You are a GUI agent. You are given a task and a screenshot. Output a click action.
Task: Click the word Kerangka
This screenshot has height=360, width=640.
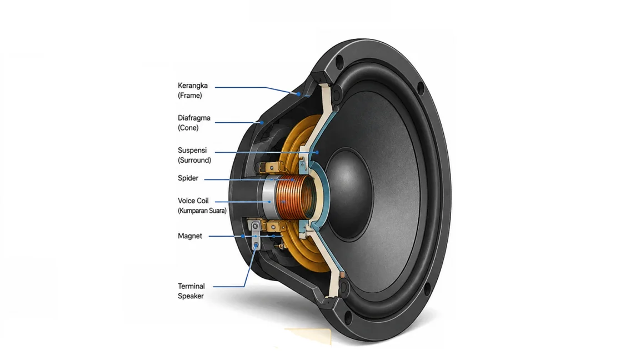(193, 86)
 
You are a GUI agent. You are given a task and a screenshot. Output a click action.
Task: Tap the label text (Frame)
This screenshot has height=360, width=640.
(190, 96)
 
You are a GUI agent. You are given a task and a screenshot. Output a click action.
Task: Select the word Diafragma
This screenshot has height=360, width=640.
(194, 118)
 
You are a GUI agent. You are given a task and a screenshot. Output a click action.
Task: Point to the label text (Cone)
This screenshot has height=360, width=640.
(188, 128)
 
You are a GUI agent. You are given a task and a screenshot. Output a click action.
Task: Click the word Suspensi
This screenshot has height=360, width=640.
(192, 150)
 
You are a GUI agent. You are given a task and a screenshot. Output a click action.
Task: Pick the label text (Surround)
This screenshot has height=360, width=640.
(194, 160)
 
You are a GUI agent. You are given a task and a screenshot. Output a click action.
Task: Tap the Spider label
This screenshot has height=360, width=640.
(188, 178)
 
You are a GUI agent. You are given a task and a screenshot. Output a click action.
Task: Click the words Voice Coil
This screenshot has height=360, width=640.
(193, 201)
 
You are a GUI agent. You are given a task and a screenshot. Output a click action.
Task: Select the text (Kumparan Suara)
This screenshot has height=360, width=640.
(202, 211)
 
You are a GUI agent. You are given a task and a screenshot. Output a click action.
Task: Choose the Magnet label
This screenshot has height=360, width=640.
(190, 236)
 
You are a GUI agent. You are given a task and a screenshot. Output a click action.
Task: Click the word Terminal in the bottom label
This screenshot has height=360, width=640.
(191, 286)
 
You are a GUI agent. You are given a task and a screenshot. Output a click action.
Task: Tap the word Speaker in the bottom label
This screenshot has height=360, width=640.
(191, 296)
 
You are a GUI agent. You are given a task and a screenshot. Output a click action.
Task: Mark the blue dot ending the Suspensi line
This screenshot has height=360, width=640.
(317, 152)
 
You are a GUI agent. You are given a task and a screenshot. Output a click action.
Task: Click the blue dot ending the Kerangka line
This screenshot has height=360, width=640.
(298, 94)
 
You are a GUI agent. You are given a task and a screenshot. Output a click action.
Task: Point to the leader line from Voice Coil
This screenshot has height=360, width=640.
(242, 202)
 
